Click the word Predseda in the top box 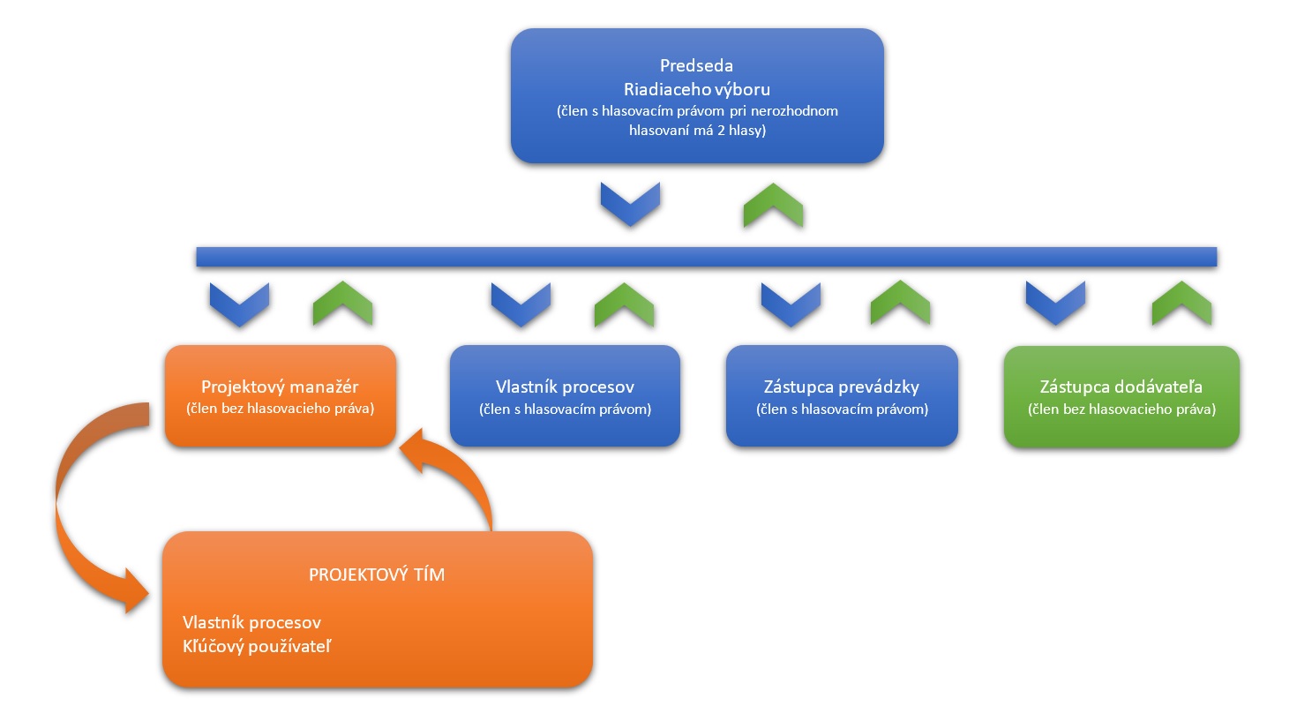[x=696, y=65]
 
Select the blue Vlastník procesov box [x=565, y=396]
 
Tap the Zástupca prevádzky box [x=842, y=396]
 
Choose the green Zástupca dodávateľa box [x=1121, y=396]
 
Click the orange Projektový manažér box [x=281, y=396]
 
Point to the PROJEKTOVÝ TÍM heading [x=377, y=575]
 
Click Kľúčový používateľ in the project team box [x=257, y=647]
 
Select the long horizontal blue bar [x=706, y=257]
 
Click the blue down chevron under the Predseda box [x=630, y=204]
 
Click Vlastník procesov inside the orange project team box [x=251, y=623]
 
